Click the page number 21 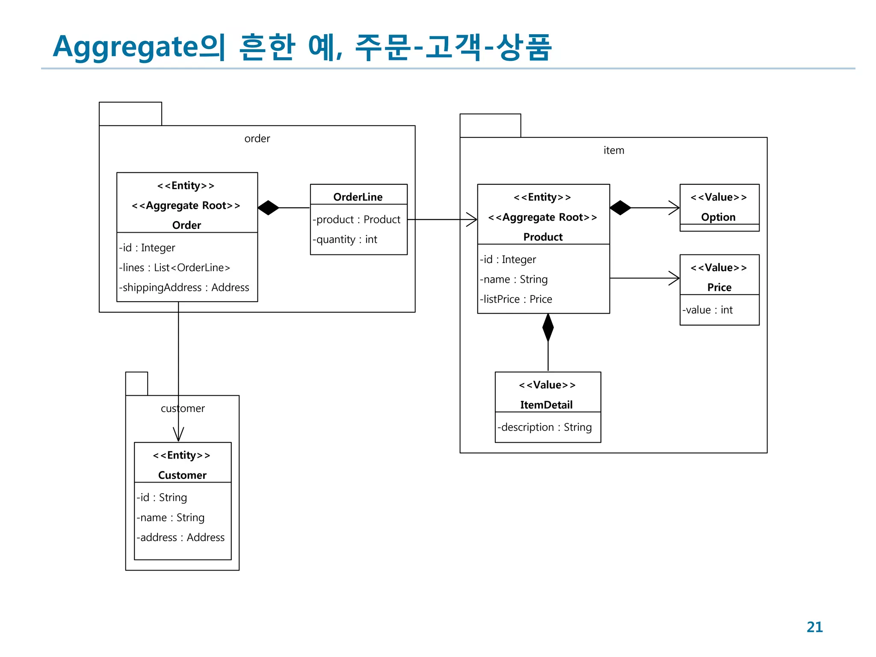(x=814, y=627)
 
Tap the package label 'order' (x=257, y=139)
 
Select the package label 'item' (x=613, y=150)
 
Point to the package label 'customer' (x=183, y=408)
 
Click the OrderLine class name (x=358, y=197)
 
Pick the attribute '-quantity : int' (x=345, y=240)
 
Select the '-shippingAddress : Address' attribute (x=184, y=287)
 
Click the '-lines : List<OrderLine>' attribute (x=175, y=268)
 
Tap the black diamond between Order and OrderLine (x=268, y=208)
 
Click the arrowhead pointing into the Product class (x=472, y=219)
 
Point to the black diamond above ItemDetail (x=548, y=328)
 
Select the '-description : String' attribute (x=545, y=427)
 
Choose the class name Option (x=718, y=217)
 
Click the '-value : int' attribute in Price (x=707, y=310)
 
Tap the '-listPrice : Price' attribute (x=516, y=299)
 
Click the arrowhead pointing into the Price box (x=675, y=278)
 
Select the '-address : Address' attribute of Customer (x=181, y=538)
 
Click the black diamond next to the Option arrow (x=620, y=208)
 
